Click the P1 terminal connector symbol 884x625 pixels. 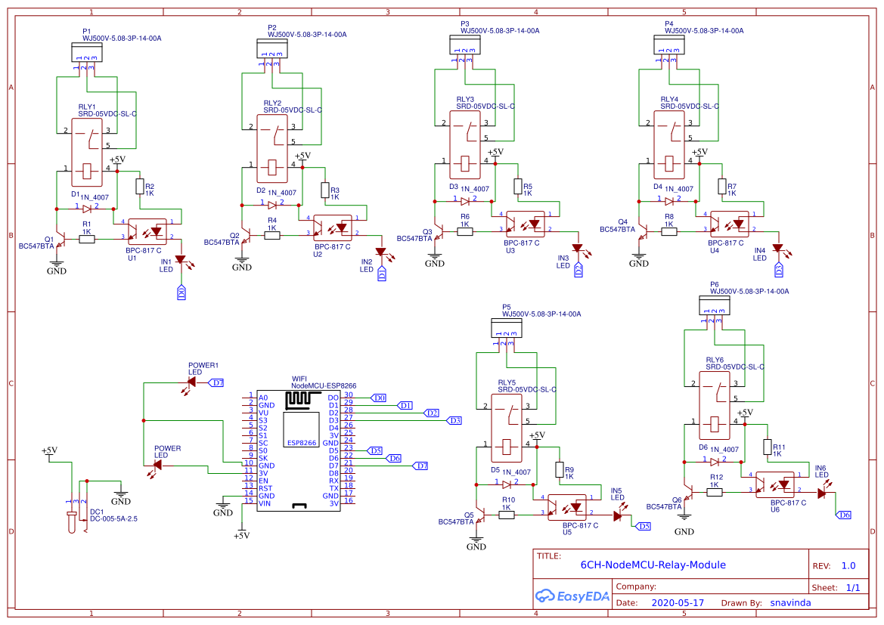(85, 52)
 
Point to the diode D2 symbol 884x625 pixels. (273, 203)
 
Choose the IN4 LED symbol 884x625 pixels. (777, 249)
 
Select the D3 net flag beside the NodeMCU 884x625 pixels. (454, 420)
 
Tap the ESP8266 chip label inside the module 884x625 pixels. (302, 443)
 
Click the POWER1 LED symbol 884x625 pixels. (191, 382)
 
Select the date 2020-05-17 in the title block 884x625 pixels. (678, 603)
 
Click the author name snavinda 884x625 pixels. (791, 603)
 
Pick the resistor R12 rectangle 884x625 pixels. (713, 492)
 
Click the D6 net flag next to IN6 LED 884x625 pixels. (844, 515)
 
